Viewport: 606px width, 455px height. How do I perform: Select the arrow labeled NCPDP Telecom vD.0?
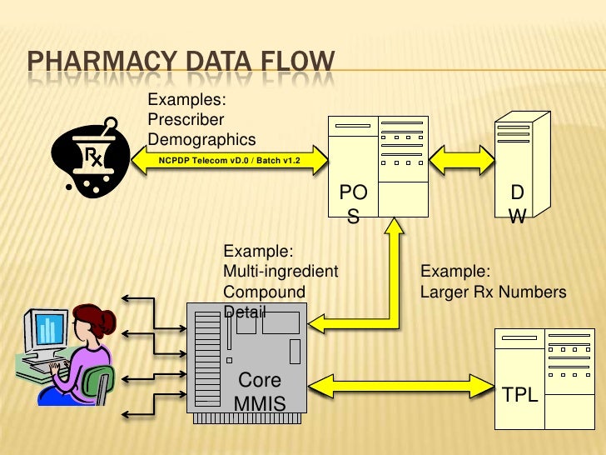[229, 160]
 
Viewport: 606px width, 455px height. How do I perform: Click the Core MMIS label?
[260, 392]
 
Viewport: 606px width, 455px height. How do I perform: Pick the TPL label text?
[520, 394]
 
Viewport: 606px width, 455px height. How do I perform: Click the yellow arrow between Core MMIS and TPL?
[400, 386]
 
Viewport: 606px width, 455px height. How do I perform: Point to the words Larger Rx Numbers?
[493, 292]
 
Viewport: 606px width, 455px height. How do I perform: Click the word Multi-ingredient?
[281, 272]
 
